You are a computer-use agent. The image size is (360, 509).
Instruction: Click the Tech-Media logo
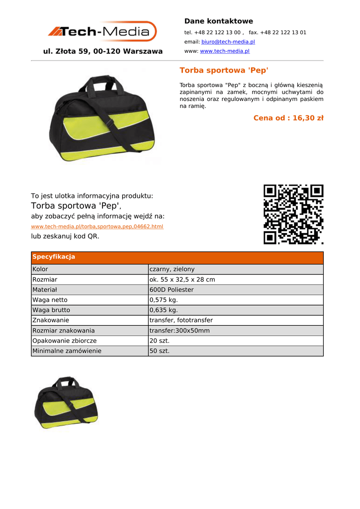point(102,32)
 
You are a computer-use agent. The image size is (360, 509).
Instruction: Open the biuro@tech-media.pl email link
point(228,42)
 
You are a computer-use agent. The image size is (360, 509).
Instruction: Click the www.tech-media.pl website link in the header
point(225,51)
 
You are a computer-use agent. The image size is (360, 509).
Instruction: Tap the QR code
point(293,214)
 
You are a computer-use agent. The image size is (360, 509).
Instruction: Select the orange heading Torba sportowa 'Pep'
point(224,71)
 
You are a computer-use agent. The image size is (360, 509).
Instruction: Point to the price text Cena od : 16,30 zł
point(288,118)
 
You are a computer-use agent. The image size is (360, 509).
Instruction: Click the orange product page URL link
point(97,227)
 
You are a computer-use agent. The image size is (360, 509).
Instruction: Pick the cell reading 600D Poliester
point(172,290)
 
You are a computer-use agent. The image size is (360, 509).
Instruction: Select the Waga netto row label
point(50,300)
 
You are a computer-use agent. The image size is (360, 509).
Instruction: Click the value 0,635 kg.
point(164,310)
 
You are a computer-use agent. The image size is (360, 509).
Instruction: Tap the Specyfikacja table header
point(54,257)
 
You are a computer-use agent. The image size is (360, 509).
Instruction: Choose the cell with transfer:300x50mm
point(180,331)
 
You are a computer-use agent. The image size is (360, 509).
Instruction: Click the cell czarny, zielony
point(172,269)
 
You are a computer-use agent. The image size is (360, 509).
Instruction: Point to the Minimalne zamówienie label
point(67,351)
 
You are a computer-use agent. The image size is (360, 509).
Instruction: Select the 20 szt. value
point(160,341)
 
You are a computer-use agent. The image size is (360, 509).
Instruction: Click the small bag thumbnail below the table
point(66,403)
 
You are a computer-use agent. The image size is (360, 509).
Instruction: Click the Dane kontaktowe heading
point(218,21)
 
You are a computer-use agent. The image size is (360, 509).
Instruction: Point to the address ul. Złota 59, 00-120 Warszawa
point(103,52)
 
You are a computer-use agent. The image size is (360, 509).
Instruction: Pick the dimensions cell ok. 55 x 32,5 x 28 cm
point(182,280)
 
